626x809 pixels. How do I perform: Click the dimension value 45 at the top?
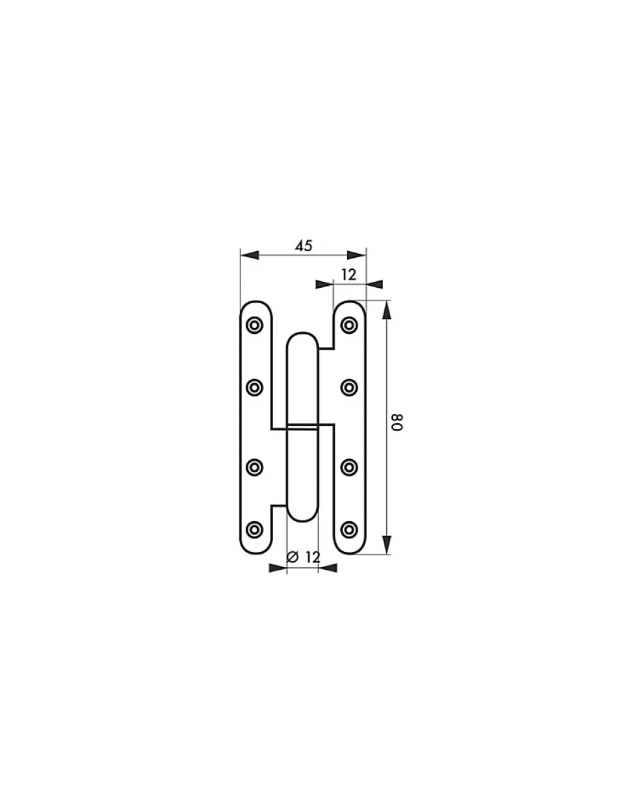coord(304,246)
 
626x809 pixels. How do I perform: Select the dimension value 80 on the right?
coord(398,422)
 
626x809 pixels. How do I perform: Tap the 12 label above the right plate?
coord(348,274)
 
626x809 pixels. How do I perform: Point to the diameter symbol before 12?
coord(291,557)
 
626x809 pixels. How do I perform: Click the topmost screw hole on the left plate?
coord(254,325)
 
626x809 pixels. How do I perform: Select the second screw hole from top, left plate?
coord(254,388)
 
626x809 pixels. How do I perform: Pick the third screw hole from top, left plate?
coord(254,467)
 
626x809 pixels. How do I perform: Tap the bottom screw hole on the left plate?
coord(254,530)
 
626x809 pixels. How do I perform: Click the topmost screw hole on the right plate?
coord(349,325)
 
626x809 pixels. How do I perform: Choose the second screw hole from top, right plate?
coord(349,388)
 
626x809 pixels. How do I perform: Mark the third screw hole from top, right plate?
coord(349,467)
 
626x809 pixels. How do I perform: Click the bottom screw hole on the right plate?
coord(349,530)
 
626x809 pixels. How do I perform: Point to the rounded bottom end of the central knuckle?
coord(302,514)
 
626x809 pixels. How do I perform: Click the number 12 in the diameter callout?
coord(312,557)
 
